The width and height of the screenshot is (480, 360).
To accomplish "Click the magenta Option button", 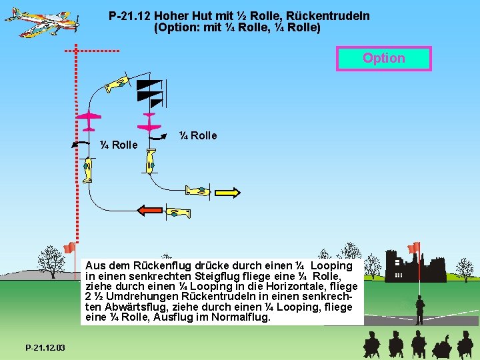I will [x=384, y=59].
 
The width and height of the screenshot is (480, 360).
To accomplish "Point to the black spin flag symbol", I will [x=150, y=93].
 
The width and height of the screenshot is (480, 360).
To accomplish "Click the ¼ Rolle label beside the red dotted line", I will [x=119, y=145].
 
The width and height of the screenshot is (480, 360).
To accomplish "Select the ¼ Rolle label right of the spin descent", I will [x=198, y=136].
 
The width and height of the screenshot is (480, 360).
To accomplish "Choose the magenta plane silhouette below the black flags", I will [x=149, y=122].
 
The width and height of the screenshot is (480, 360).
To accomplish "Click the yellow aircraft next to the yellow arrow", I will [x=199, y=191].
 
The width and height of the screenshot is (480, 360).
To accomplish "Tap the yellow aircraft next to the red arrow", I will [x=177, y=213].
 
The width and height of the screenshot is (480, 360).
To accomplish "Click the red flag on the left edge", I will [x=69, y=248].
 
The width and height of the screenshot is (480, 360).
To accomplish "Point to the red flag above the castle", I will [x=414, y=247].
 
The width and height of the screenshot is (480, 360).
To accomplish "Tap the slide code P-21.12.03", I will [x=45, y=348].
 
